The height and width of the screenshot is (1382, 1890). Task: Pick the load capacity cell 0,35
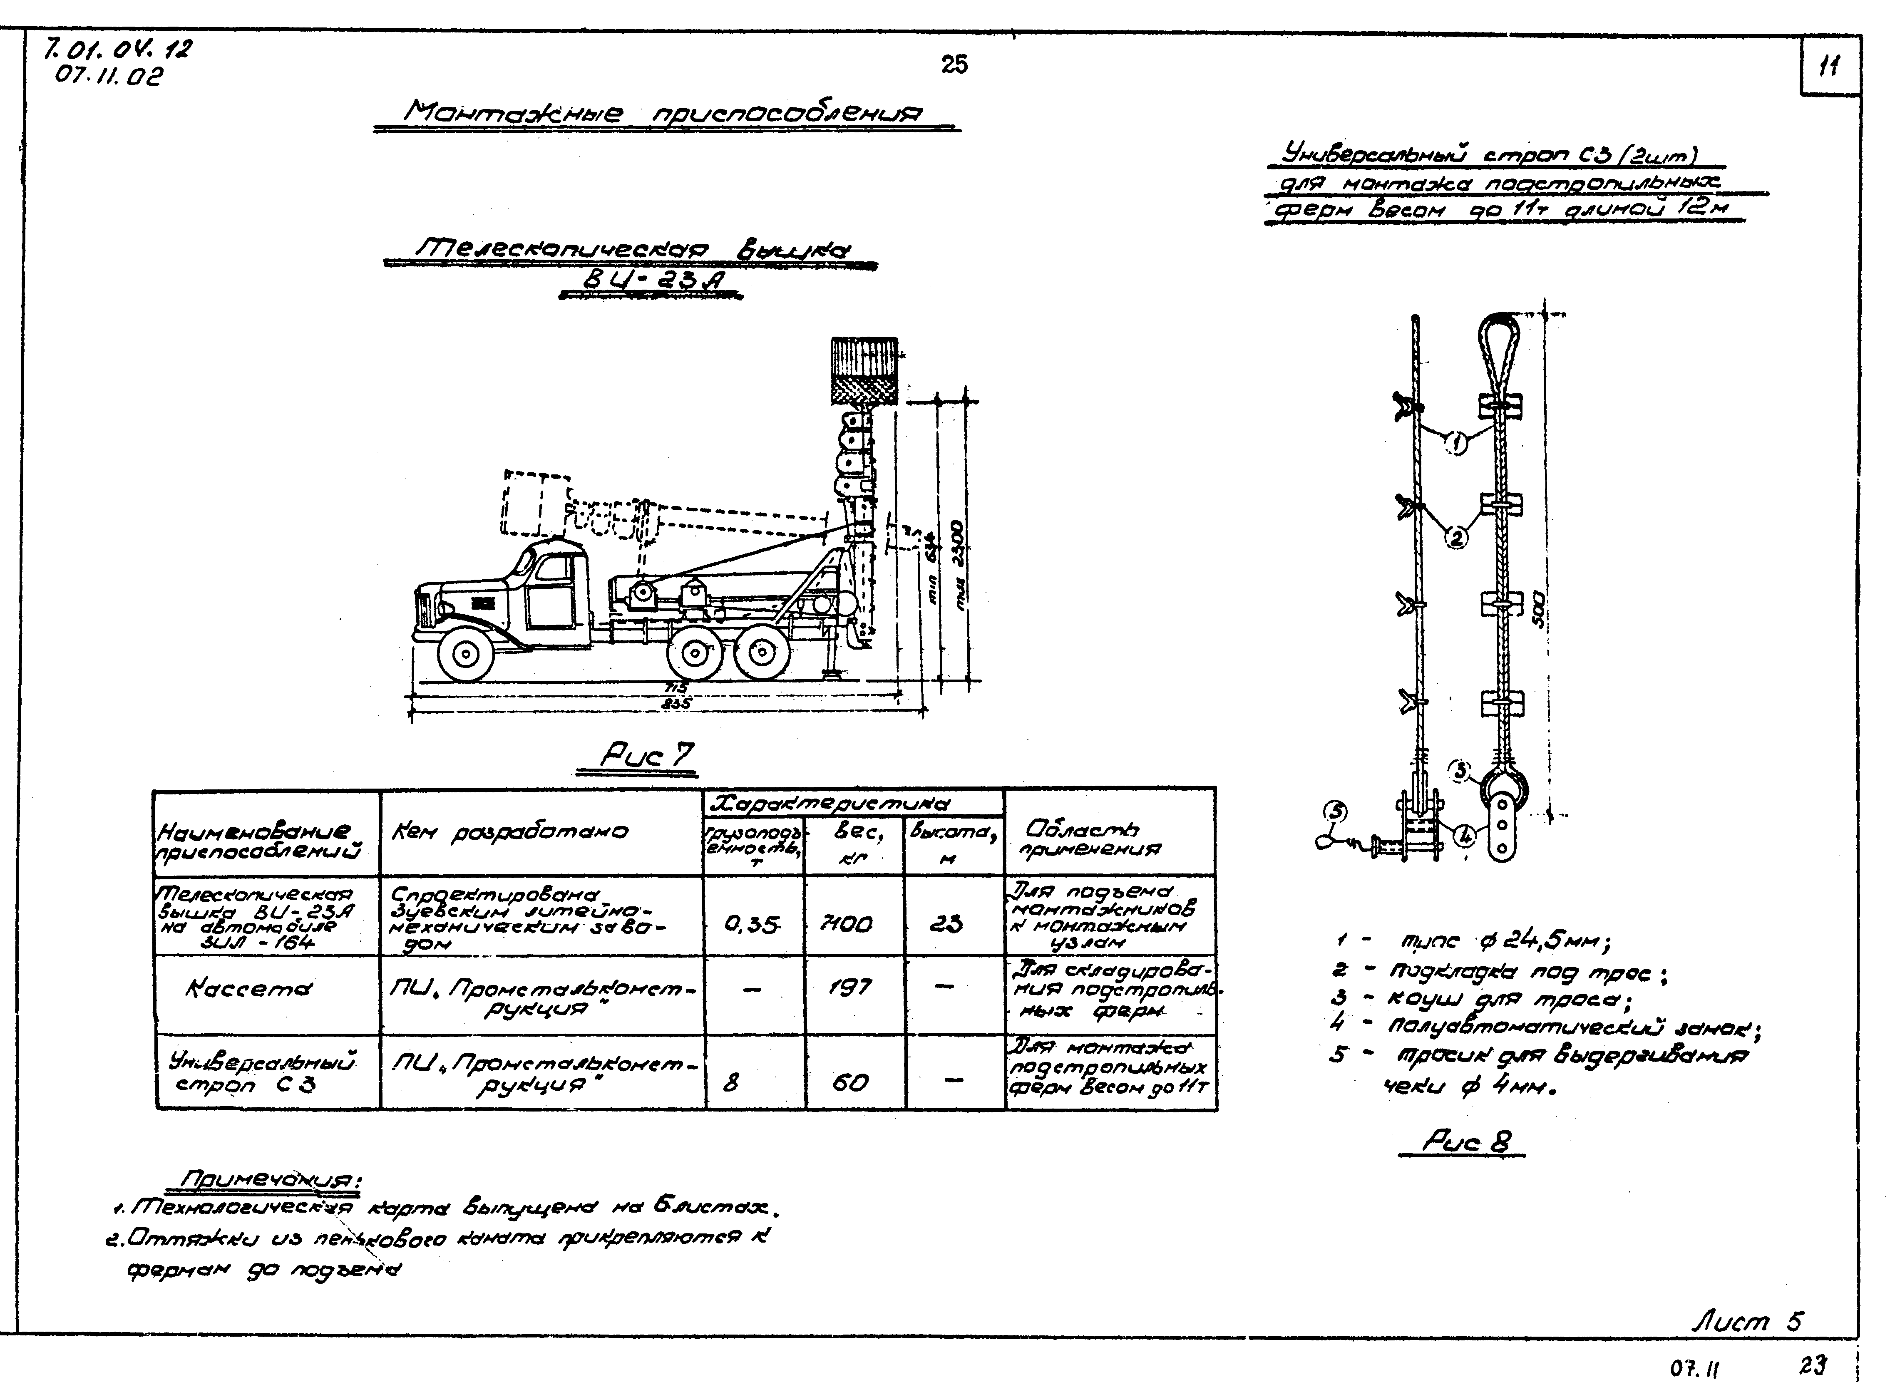point(751,924)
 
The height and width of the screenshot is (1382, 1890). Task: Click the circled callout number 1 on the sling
point(1457,444)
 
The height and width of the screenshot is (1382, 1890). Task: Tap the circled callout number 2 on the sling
point(1457,538)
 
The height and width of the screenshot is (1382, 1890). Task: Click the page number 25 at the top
point(954,65)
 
